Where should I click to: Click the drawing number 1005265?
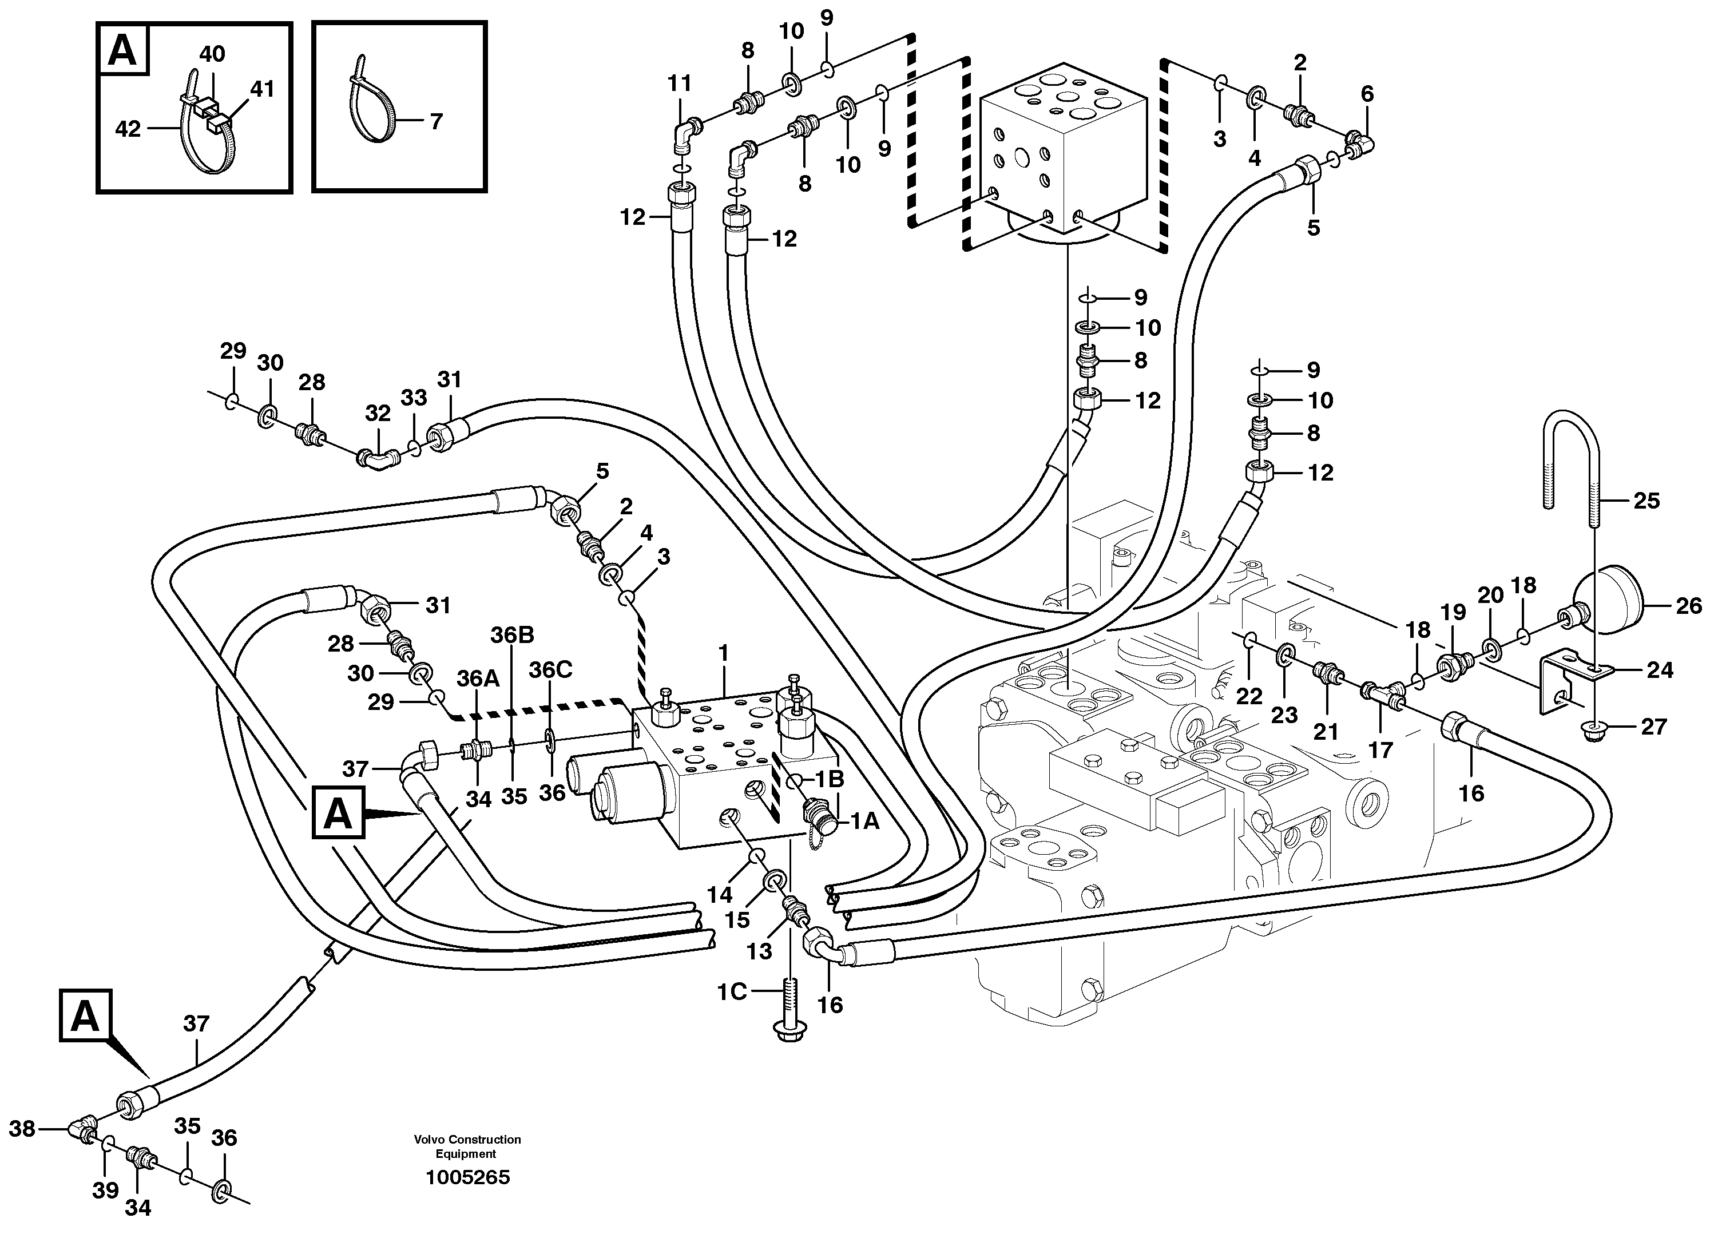[467, 1177]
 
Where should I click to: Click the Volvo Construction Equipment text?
[467, 1147]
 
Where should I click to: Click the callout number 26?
[1689, 605]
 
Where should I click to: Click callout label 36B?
[512, 636]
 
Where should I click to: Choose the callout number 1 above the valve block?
[724, 653]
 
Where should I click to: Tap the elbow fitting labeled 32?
[377, 458]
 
